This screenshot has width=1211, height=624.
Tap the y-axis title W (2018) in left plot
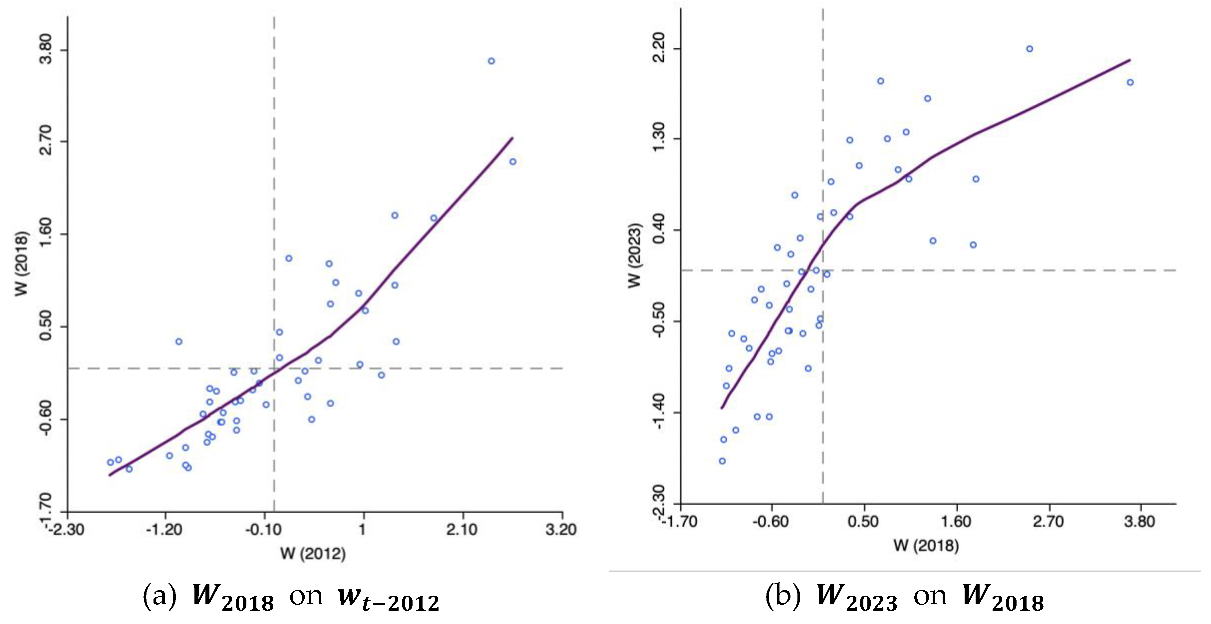coord(22,263)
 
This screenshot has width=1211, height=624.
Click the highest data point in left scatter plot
coord(491,61)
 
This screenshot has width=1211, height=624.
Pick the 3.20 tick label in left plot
coord(561,529)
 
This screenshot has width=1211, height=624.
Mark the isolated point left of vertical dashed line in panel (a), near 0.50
coord(179,341)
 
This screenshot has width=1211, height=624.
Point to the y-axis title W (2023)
coord(635,255)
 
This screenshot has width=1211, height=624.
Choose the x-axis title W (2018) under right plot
coord(926,545)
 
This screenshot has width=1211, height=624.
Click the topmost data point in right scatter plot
coord(1030,49)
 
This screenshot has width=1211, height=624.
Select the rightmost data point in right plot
coord(1130,83)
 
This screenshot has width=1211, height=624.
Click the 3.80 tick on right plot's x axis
coord(1139,521)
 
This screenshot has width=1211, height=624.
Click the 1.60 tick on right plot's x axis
coord(957,521)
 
